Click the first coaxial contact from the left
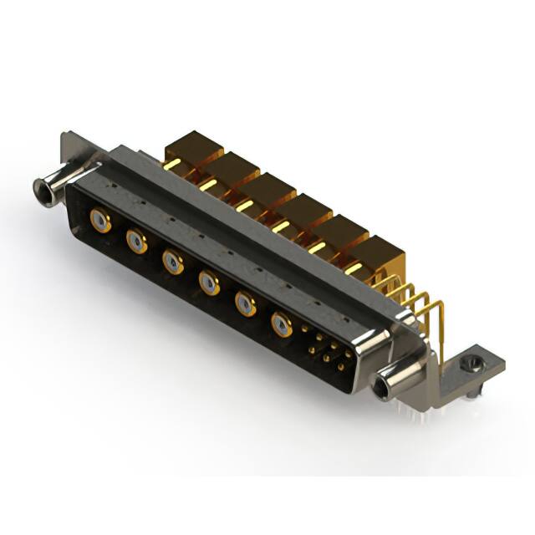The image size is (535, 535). coord(100,221)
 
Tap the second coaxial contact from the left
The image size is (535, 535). coord(136,242)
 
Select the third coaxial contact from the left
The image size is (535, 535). coord(173,262)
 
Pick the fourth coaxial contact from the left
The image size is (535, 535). coord(209,283)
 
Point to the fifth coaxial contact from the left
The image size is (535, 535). coord(245,303)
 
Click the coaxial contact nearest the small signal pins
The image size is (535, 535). coord(282,324)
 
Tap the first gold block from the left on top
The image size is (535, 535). coord(191,150)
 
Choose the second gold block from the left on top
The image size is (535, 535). coord(230,171)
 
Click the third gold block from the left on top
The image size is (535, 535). coord(267,191)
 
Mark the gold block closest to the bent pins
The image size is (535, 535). coord(376,254)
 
